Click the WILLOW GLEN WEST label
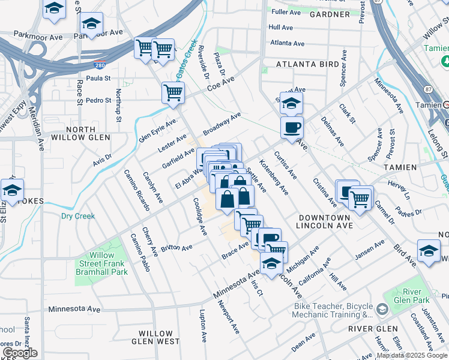159,337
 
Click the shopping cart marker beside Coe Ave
173,93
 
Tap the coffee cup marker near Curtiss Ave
292,128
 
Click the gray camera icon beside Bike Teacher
382,309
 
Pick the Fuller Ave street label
286,12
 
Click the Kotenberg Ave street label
274,177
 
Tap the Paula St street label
99,78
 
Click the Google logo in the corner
20,353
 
